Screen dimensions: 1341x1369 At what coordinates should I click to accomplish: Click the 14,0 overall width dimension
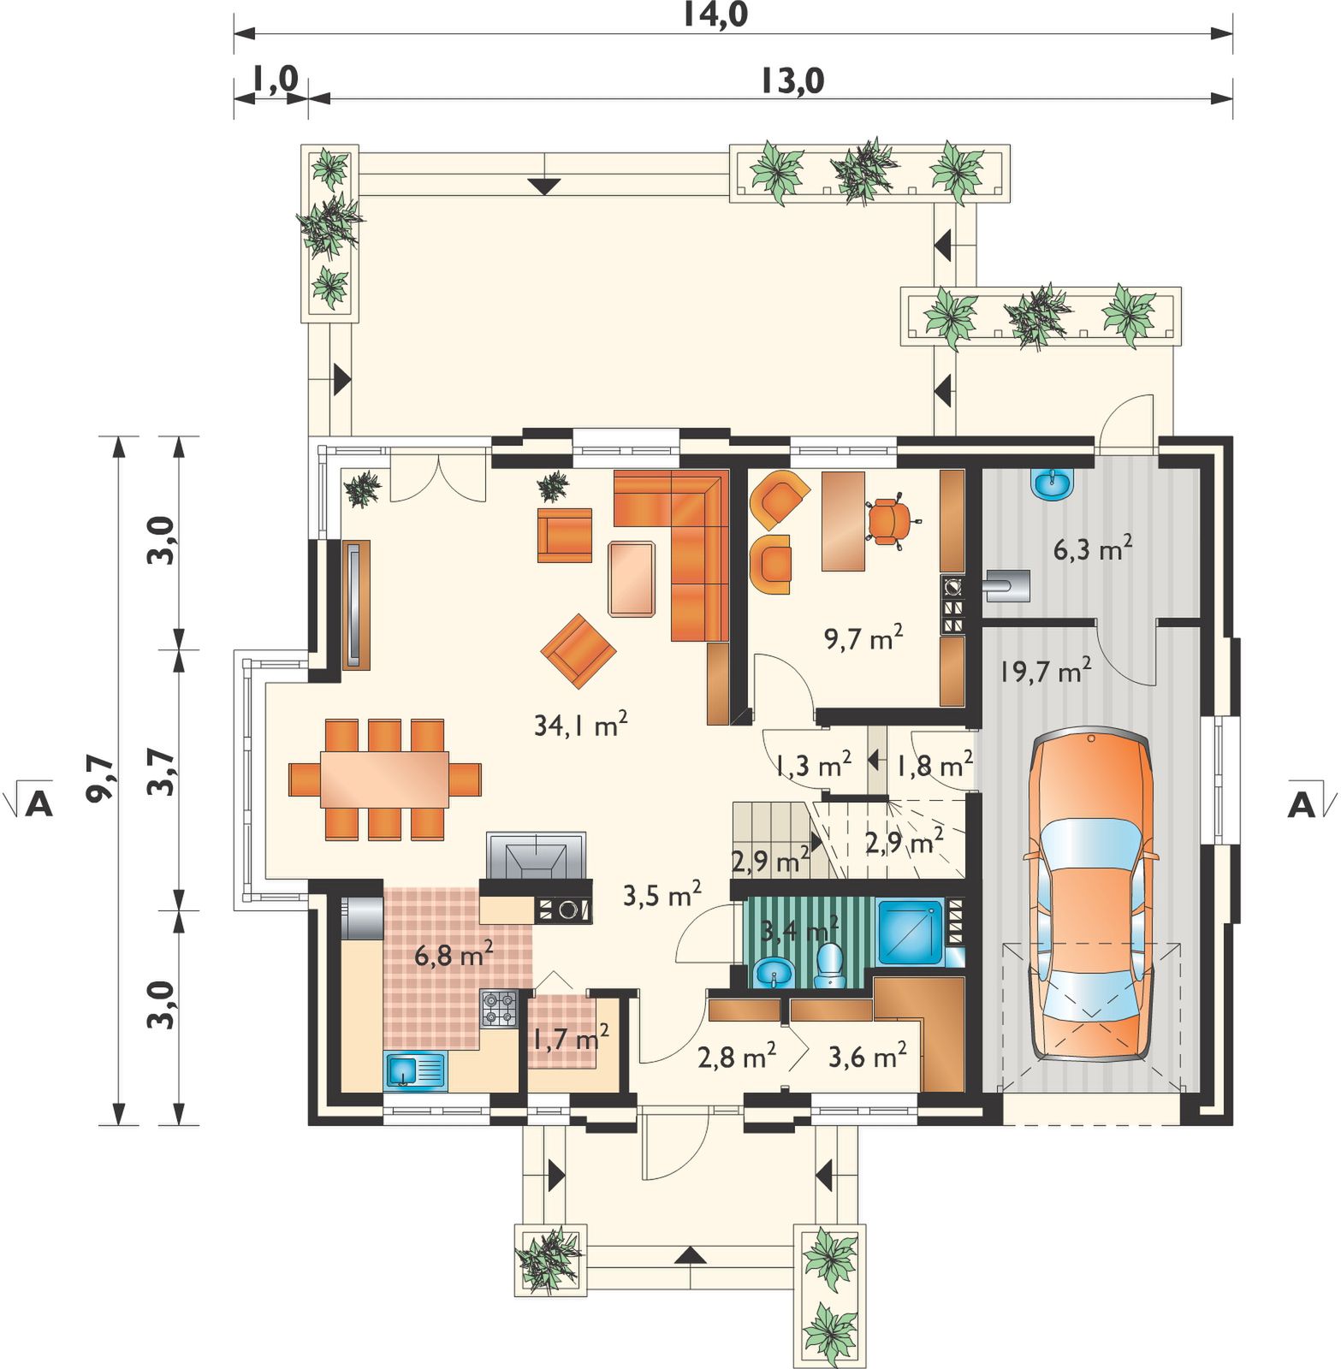[x=715, y=15]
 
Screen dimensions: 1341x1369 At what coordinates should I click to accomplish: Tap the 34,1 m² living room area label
[x=581, y=725]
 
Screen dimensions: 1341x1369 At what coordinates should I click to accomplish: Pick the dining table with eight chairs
[x=385, y=779]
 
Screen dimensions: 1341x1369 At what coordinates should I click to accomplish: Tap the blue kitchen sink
[x=416, y=1070]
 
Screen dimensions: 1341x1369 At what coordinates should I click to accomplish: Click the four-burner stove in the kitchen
[x=499, y=1008]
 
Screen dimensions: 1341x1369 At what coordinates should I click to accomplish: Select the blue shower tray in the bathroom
[x=911, y=933]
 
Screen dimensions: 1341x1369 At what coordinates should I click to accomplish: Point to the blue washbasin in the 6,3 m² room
[x=1052, y=485]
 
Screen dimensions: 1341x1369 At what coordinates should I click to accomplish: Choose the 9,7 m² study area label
[x=863, y=638]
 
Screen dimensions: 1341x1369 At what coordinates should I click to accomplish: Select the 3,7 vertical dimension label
[x=162, y=773]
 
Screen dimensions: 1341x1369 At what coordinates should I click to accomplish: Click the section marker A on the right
[x=1302, y=805]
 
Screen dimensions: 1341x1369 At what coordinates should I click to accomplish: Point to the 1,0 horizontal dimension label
[x=274, y=79]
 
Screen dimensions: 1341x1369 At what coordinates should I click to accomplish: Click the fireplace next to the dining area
[x=536, y=856]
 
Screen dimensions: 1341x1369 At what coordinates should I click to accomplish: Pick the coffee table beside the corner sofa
[x=632, y=579]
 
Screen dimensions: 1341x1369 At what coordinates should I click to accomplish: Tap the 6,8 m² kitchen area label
[x=454, y=954]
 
